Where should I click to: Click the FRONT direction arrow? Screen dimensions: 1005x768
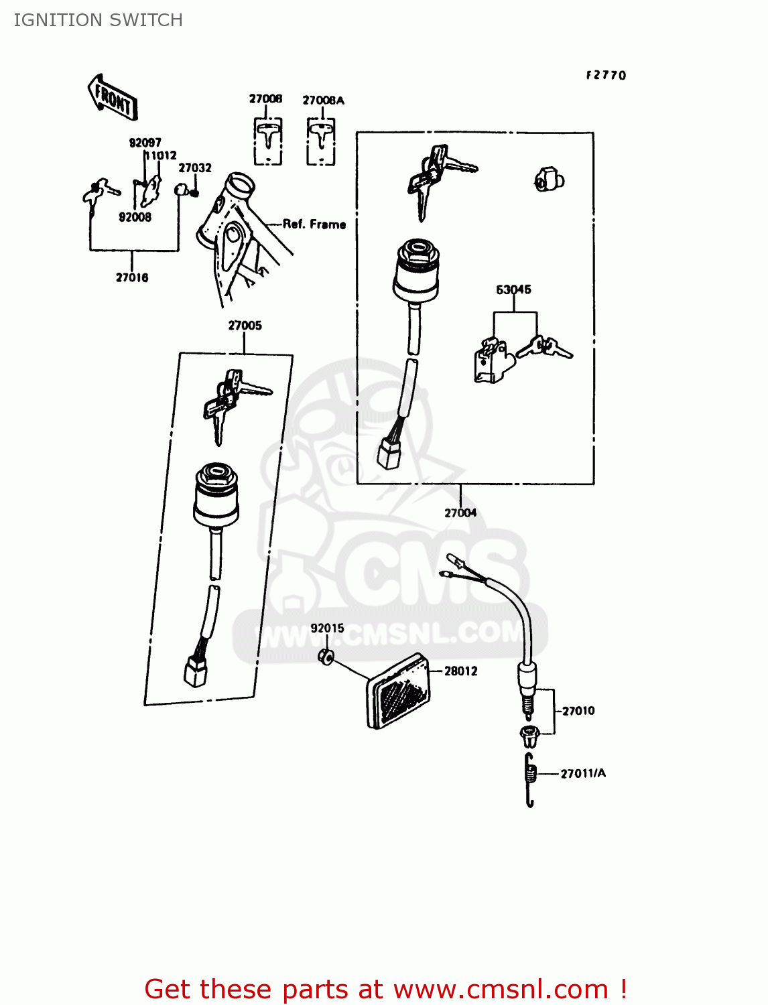[113, 98]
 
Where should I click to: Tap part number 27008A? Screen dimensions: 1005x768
[323, 100]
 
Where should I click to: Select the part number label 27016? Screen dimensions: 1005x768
[132, 277]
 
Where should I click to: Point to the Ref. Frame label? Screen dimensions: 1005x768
[314, 224]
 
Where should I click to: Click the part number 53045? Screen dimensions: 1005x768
[513, 289]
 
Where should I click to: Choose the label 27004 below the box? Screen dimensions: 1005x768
[460, 513]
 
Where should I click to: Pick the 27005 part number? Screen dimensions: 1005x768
[245, 326]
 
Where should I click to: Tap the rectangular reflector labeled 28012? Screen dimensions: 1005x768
[397, 690]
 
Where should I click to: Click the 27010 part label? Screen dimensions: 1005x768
[578, 711]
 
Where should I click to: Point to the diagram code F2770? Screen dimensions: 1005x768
[606, 76]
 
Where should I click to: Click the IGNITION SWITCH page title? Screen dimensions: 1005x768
[99, 20]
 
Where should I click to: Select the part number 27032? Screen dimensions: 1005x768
[195, 168]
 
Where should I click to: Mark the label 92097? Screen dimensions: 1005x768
[145, 143]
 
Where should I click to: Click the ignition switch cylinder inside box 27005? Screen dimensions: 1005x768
[216, 496]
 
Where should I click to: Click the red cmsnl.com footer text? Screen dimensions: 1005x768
[385, 989]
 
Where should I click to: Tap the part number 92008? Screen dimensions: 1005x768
[135, 217]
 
